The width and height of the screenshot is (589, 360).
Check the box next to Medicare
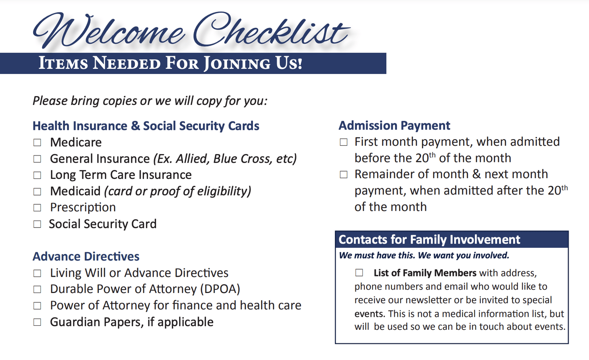(37, 142)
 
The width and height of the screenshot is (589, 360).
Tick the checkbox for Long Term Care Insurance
(37, 175)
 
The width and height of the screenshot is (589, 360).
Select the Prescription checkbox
(37, 208)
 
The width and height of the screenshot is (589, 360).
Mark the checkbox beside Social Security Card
(37, 224)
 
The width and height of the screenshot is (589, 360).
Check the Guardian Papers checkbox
(37, 322)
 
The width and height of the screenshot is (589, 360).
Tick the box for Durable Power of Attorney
(37, 289)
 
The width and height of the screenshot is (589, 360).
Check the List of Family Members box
(359, 273)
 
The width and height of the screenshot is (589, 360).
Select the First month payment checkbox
(343, 142)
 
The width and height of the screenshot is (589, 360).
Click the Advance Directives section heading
(86, 257)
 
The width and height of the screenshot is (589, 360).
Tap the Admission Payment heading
(394, 126)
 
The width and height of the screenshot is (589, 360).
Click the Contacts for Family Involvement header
(429, 240)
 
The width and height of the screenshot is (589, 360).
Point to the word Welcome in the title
(109, 31)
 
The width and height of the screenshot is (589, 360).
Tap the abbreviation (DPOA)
(220, 289)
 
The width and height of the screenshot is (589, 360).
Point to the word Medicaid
(75, 191)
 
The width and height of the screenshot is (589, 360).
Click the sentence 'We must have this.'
(377, 255)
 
